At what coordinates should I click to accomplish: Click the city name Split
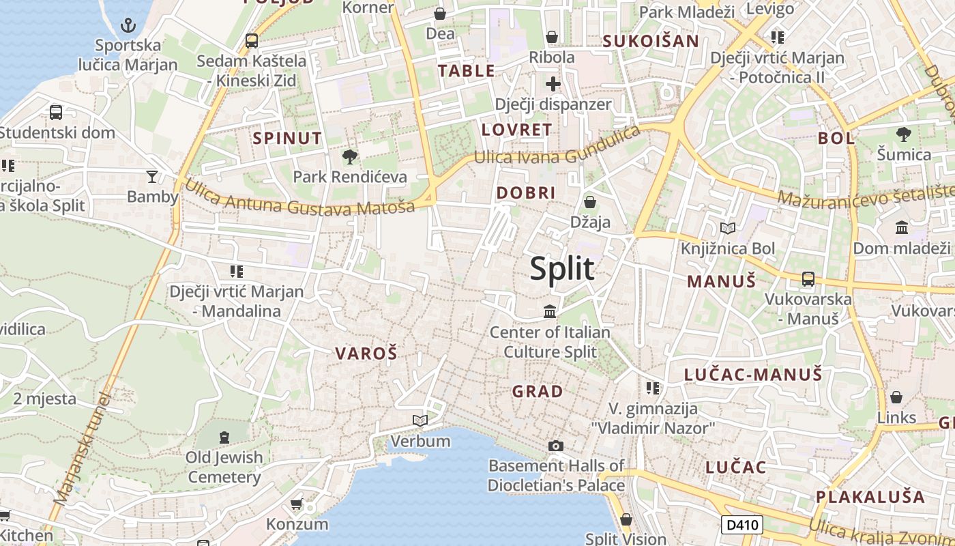coord(562,268)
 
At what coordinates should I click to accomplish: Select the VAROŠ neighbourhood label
coord(366,354)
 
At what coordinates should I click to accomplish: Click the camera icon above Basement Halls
coord(556,446)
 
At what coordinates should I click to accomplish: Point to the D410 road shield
coord(741,525)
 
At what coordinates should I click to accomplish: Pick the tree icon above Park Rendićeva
coord(349,157)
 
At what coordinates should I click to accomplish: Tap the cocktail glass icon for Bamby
coord(152,177)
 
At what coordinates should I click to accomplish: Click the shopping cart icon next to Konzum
coord(297,504)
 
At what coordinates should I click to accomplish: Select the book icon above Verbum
coord(420,420)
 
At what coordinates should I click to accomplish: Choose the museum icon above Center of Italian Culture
coord(550,312)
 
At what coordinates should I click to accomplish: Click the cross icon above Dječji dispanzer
coord(553,84)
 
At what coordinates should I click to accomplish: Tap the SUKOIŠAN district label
coord(651,41)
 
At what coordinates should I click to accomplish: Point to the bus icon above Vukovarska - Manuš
coord(808,278)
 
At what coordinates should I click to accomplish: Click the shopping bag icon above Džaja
coord(590,202)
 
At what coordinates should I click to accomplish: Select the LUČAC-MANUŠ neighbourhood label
coord(753,374)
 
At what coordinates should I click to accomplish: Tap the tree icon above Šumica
coord(904,134)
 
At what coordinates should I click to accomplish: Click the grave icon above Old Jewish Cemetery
coord(224,437)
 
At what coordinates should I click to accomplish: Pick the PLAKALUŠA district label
coord(870,497)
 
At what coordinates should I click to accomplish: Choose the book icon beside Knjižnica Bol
coord(728,228)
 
